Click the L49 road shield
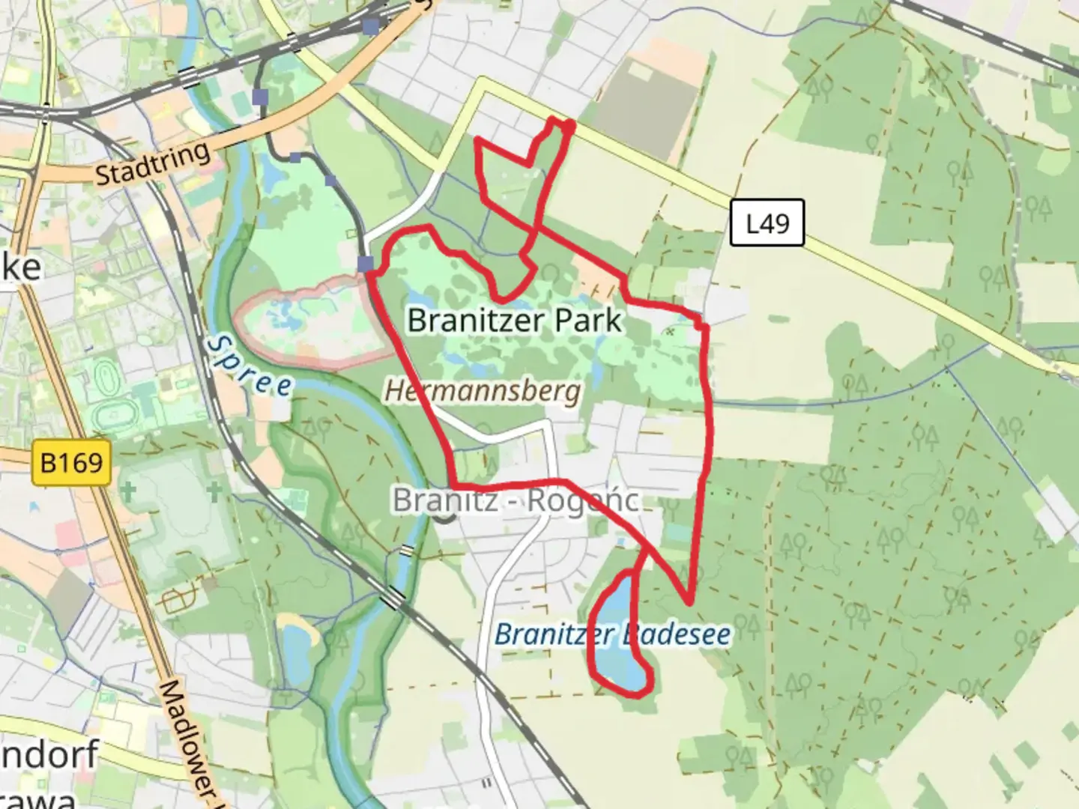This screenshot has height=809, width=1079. coord(767,222)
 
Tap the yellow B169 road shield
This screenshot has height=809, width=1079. coord(72,462)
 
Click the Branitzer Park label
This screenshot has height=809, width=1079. coord(515,320)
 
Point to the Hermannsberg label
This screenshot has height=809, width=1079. coord(483,390)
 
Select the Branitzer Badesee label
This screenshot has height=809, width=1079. coord(612,634)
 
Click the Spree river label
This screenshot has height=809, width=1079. coord(249,365)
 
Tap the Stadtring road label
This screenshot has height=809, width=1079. coord(153,163)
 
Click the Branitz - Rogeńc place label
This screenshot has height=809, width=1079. coord(516,500)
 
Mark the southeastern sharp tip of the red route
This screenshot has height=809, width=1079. coord(688,602)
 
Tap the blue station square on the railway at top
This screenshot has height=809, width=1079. coord(371,27)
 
